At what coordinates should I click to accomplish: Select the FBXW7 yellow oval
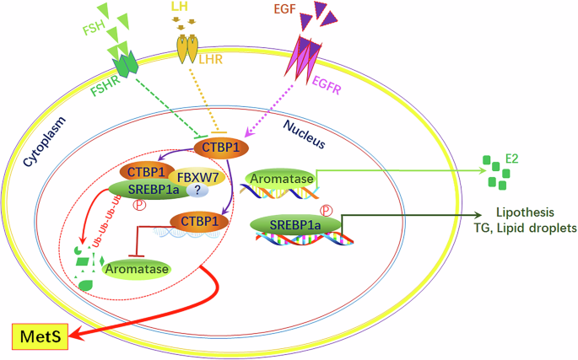196,178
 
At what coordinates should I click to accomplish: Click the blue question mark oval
196,192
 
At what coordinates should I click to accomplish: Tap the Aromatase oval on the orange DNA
278,179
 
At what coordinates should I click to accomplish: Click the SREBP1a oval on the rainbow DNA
296,223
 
